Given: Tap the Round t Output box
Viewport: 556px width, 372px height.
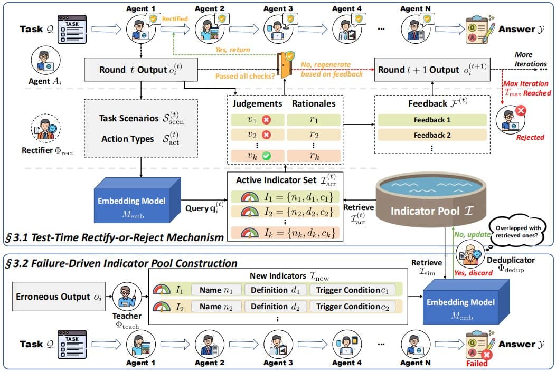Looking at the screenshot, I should point(140,70).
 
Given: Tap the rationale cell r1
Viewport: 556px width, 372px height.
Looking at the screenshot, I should point(314,120).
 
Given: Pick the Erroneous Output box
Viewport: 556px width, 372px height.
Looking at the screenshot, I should point(57,297).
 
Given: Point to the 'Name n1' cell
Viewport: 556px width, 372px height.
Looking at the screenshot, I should point(215,290).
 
